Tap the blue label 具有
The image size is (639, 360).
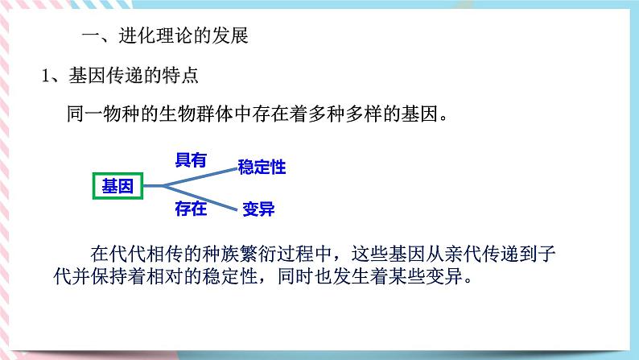point(191,160)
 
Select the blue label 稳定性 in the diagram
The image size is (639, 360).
point(262,168)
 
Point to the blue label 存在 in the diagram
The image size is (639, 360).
point(191,209)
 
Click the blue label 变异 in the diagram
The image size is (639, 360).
point(258,209)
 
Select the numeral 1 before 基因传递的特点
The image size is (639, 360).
point(47,77)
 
